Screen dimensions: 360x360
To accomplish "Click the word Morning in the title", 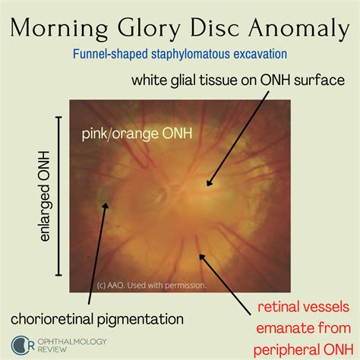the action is coord(59,29).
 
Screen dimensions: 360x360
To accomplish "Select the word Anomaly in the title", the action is coord(298,29).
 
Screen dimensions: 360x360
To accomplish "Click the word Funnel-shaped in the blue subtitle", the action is coord(110,54).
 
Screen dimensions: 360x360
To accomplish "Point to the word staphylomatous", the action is coord(191,54).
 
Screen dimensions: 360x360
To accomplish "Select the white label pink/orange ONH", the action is coord(137,134).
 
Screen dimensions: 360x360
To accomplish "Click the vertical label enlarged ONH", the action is coord(45,196).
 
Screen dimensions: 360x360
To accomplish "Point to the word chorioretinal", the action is coord(52,319).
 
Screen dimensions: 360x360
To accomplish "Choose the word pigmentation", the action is coord(141,320).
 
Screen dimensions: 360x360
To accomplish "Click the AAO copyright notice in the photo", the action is coord(152,286).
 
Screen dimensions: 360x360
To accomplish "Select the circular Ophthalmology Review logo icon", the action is coord(21,346).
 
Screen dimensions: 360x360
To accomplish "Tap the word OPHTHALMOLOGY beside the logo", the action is coord(72,342).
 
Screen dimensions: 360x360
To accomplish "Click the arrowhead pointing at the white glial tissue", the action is coord(209,183).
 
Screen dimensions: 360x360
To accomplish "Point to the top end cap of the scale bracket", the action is coord(58,117).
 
